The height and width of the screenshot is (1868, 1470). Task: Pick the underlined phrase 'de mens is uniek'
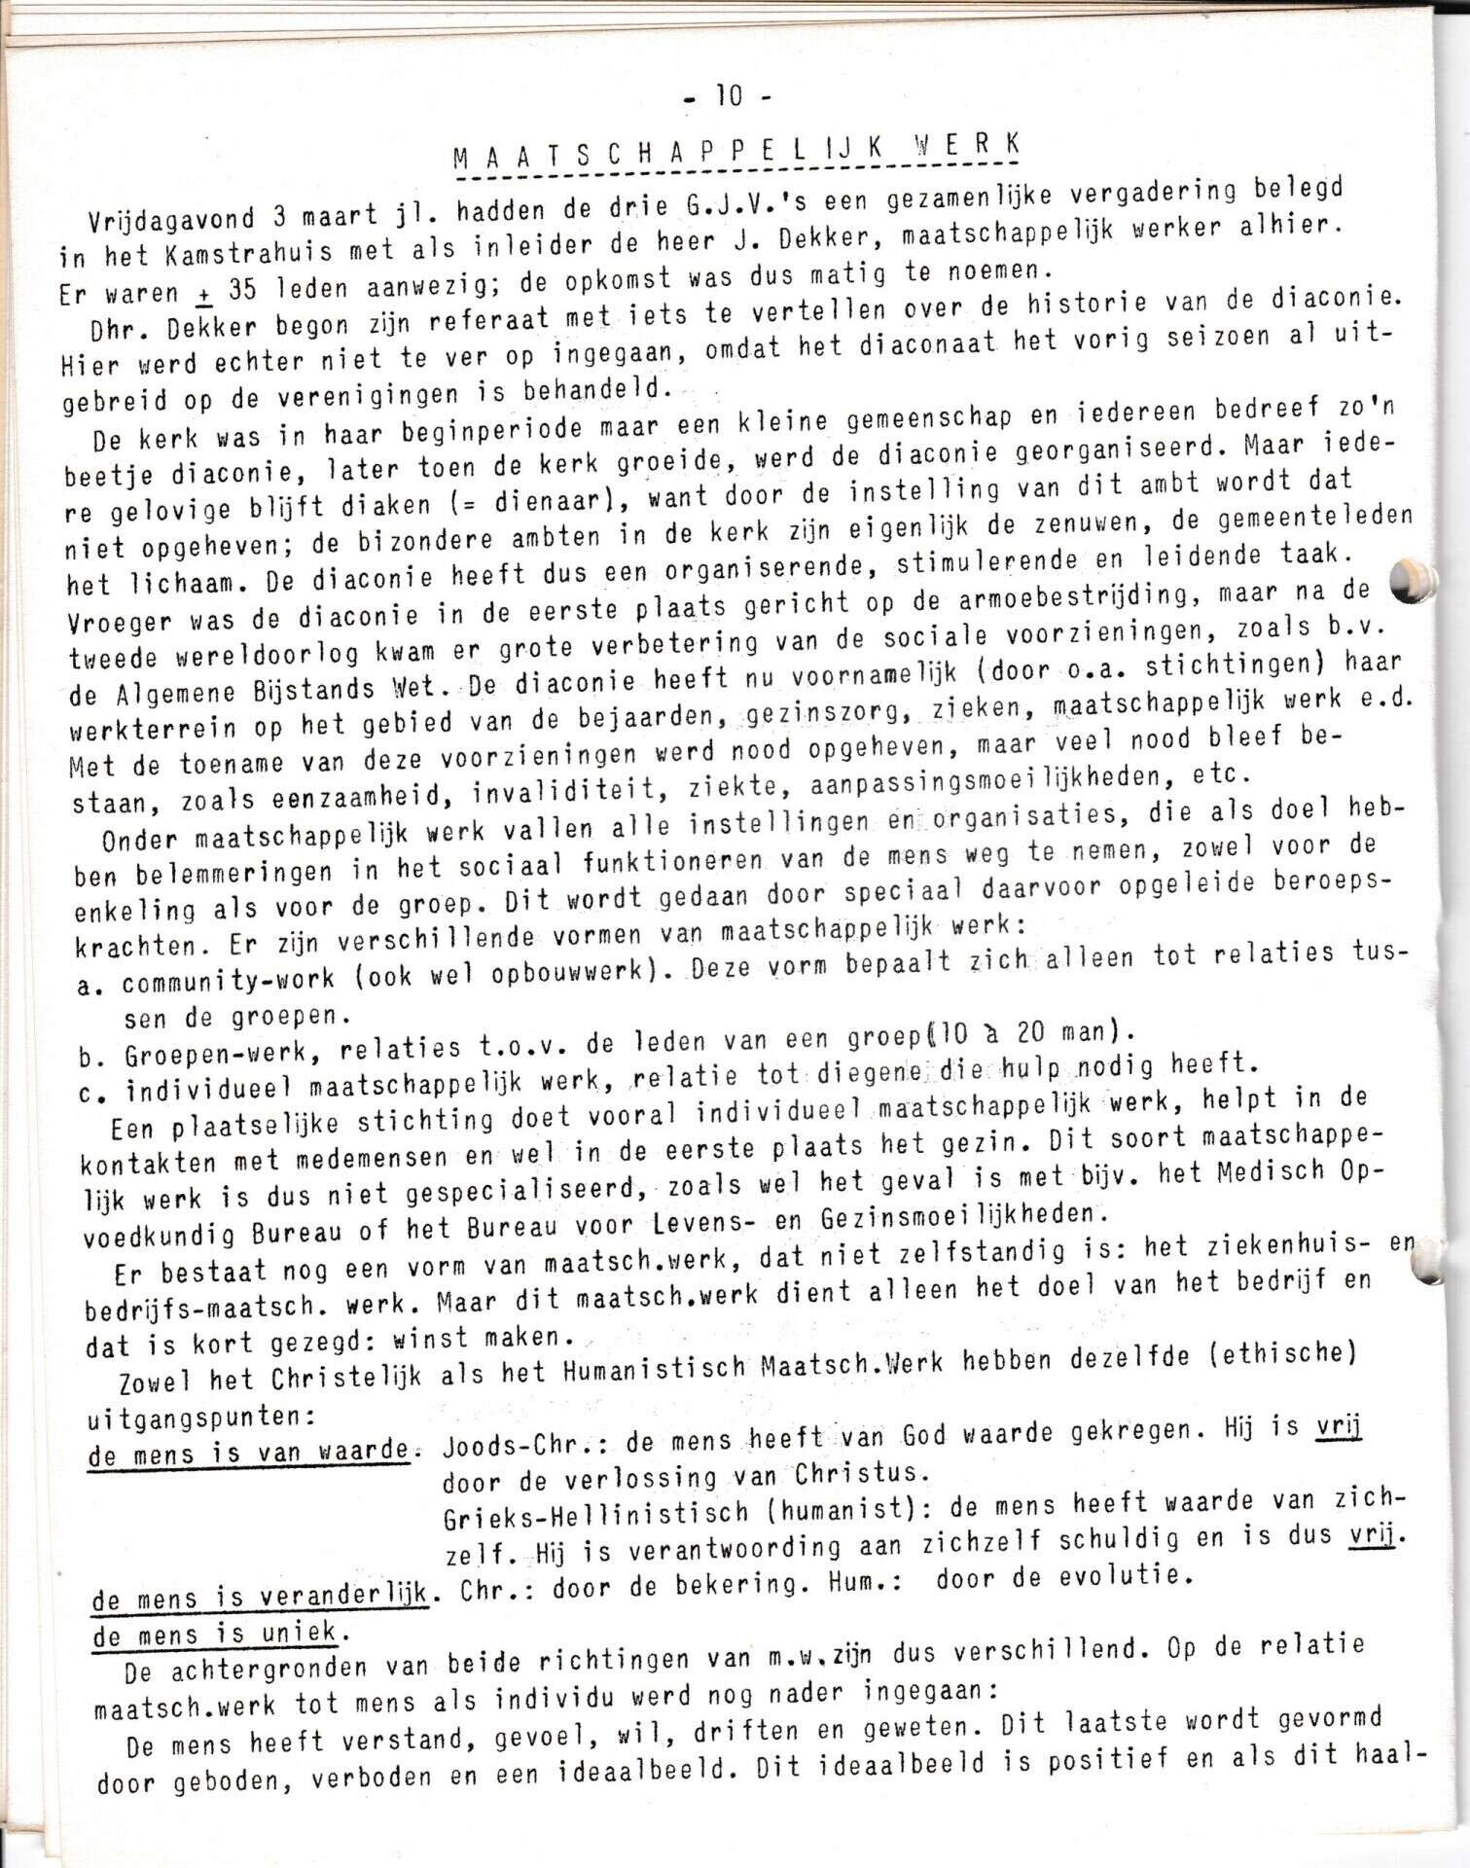pos(215,1632)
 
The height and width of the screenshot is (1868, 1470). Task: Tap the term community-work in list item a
pos(229,980)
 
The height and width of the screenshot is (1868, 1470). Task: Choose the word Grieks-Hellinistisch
pos(596,1514)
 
